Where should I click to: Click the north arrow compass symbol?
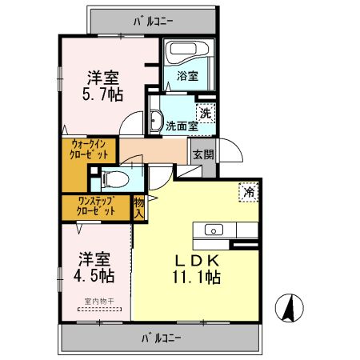point(289,307)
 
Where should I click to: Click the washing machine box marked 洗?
point(206,114)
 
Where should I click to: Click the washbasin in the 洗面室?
point(156,120)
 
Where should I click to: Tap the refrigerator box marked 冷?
point(250,193)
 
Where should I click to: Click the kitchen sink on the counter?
point(215,230)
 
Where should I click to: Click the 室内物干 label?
point(95,302)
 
